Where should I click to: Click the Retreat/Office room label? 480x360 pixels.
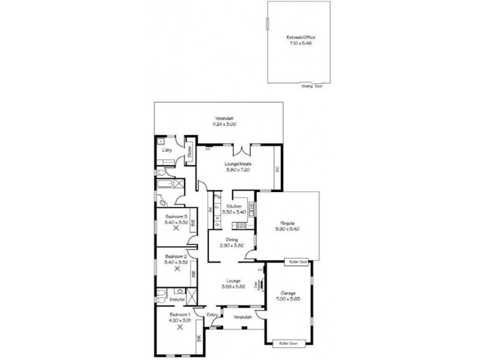click(x=301, y=37)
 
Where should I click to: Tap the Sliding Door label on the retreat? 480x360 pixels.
click(x=312, y=86)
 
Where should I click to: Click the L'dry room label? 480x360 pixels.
click(x=167, y=151)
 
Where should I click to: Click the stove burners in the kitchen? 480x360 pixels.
click(x=242, y=226)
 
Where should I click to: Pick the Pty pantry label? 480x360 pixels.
click(x=218, y=196)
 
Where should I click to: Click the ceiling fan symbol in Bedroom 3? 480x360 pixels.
click(x=176, y=227)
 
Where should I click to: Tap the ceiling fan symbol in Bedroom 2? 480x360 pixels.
click(x=176, y=269)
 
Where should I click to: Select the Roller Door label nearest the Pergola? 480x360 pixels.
click(x=298, y=262)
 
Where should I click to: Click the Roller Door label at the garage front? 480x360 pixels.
click(x=289, y=343)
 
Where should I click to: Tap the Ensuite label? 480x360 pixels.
click(x=178, y=298)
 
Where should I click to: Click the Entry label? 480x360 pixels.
click(x=212, y=315)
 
